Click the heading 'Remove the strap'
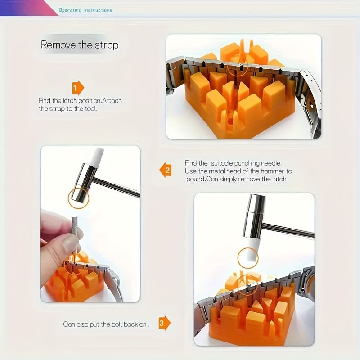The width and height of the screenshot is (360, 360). [80, 45]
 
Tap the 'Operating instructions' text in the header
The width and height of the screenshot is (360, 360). [85, 10]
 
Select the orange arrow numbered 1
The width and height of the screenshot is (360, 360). [78, 88]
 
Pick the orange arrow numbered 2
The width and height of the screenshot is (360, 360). [166, 170]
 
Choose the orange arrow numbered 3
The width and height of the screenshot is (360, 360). [164, 323]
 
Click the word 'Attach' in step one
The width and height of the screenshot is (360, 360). [112, 100]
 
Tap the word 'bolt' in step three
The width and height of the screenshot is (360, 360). [117, 324]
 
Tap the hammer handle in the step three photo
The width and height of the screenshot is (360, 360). [288, 230]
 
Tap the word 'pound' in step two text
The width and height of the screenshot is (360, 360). [195, 179]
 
